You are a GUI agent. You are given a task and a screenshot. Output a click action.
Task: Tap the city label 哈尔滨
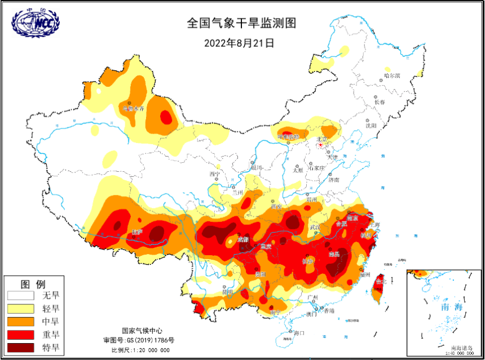point(391,75)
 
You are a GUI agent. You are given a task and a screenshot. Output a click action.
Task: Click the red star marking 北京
point(321,145)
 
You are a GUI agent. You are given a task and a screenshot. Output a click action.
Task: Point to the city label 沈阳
point(371,126)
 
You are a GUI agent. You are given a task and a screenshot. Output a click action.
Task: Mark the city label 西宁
point(215,174)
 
